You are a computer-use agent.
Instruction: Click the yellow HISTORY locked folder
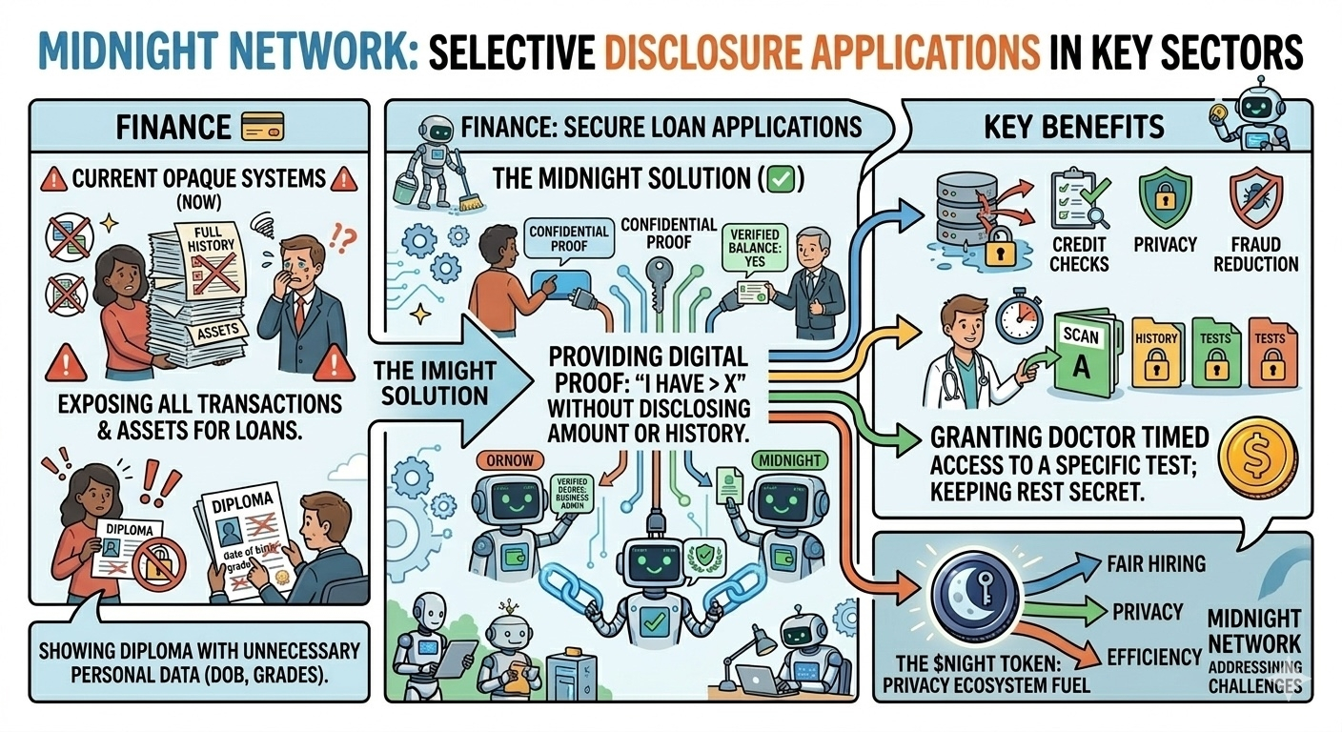1155,353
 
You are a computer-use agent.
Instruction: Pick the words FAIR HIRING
1156,563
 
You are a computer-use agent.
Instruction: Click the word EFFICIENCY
1154,656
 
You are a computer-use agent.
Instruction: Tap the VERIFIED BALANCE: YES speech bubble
755,248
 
